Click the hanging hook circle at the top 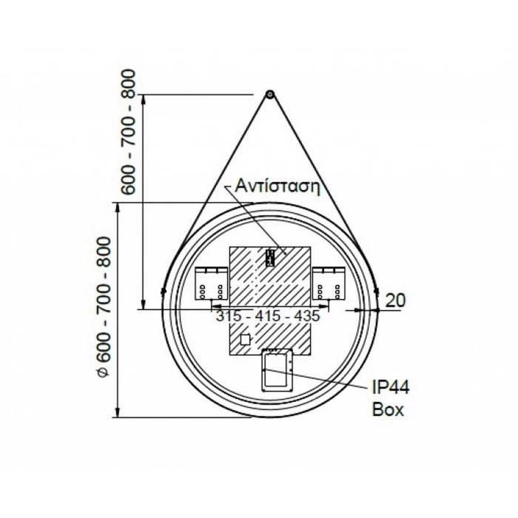(x=269, y=95)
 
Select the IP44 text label (x=390, y=388)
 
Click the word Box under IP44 (x=388, y=409)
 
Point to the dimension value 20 (x=396, y=300)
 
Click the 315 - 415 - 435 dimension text (x=267, y=316)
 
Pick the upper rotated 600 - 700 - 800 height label (x=129, y=131)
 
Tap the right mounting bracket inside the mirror (x=326, y=283)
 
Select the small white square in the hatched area (x=246, y=340)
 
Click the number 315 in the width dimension (x=227, y=316)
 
